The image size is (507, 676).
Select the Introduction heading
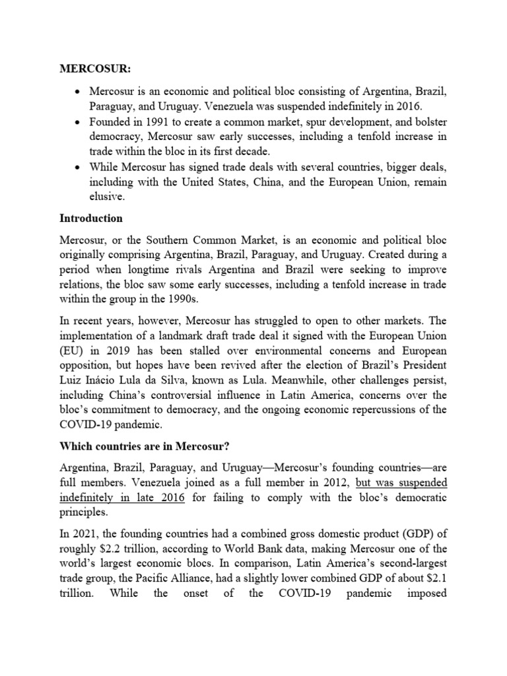[92, 217]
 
